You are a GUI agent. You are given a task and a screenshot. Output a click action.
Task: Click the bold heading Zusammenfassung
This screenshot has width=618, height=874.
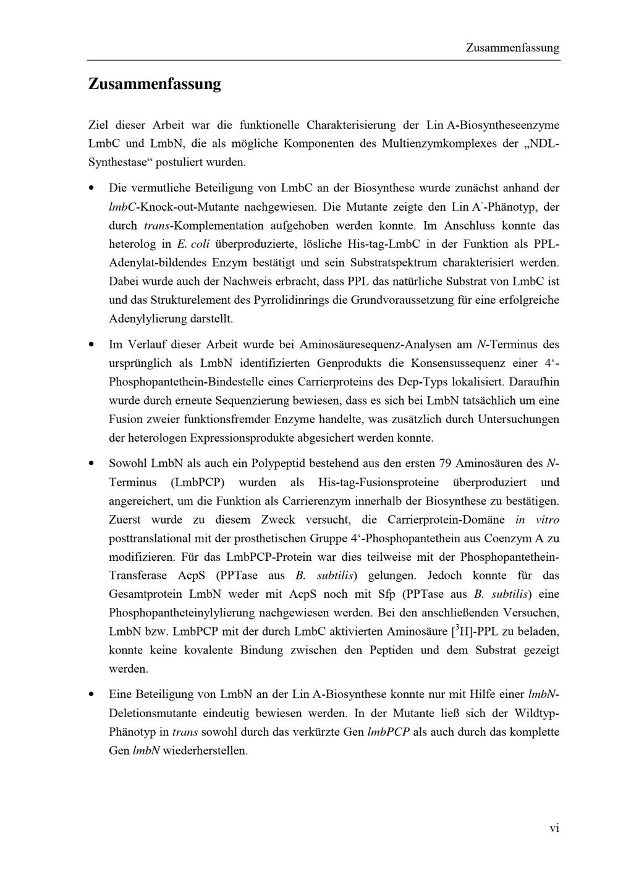pyautogui.click(x=154, y=84)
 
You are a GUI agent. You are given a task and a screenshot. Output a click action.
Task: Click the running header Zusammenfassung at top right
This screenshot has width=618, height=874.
pyautogui.click(x=512, y=48)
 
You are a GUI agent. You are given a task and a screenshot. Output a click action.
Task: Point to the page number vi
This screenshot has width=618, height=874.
pyautogui.click(x=554, y=828)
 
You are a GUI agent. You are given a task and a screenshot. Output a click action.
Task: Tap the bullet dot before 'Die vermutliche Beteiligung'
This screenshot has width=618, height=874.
pyautogui.click(x=92, y=187)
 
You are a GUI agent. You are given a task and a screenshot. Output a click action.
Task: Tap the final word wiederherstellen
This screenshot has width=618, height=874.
pyautogui.click(x=205, y=751)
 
